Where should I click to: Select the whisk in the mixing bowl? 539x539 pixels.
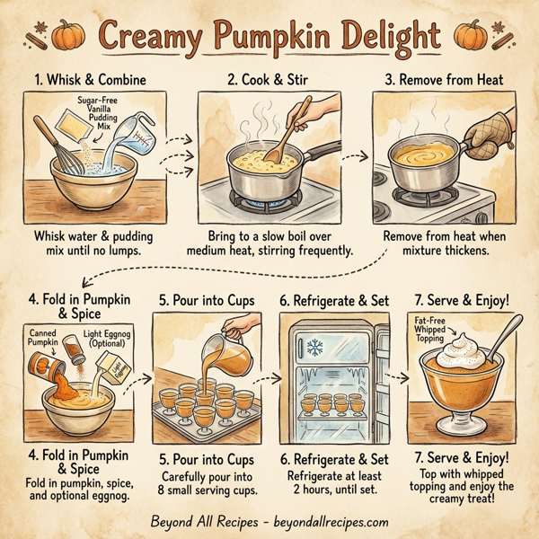[x=60, y=153]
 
